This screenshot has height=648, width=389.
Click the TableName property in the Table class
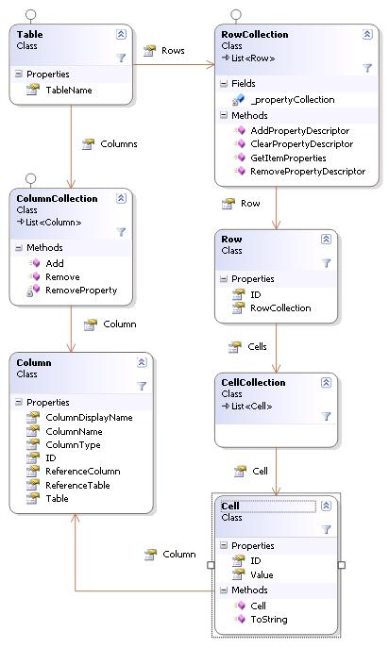69,91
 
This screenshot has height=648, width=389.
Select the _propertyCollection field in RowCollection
292,100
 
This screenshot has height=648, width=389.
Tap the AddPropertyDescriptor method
299,130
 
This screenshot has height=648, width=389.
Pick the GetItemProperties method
288,158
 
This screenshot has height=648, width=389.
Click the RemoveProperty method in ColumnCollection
81,291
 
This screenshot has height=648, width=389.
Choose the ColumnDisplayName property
89,418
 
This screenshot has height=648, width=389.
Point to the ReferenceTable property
77,485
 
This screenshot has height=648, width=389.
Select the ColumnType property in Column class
73,444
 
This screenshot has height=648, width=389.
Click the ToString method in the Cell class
268,619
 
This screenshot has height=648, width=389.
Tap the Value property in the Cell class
262,574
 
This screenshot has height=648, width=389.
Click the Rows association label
173,50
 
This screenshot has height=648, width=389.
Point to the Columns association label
119,143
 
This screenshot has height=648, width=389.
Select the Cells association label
257,346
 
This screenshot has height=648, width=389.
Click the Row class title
231,239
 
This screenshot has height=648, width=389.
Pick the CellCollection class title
253,382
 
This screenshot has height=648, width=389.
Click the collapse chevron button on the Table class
121,34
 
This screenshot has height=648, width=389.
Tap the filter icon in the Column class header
142,386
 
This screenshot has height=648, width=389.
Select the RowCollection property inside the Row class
280,307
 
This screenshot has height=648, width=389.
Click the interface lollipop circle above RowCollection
236,15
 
